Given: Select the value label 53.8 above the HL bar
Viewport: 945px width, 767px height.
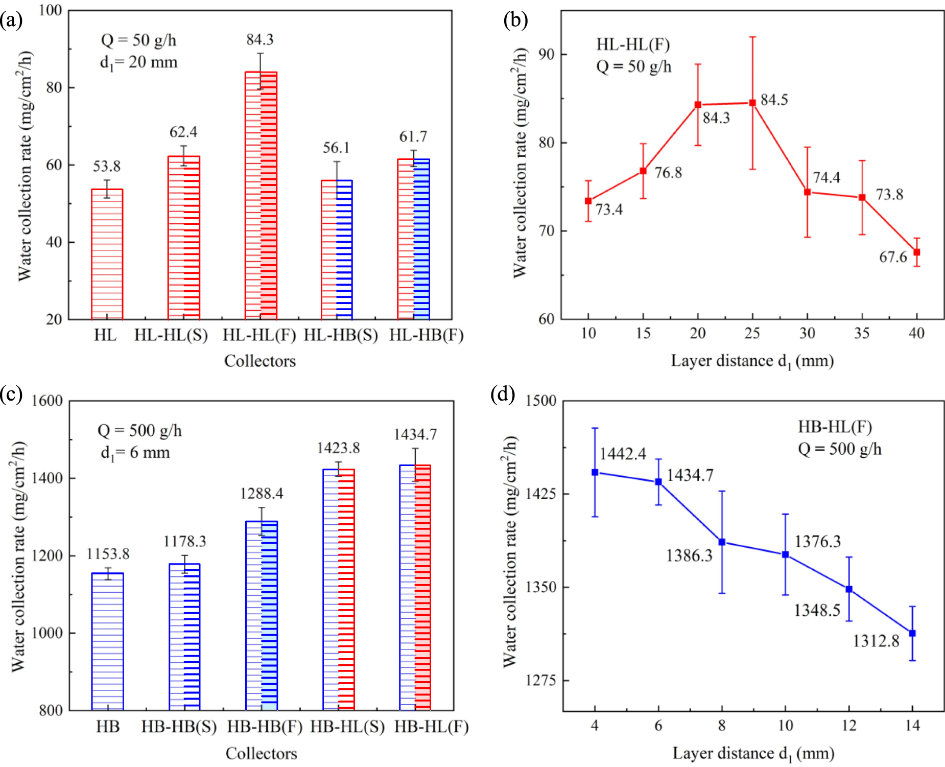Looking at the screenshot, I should point(107,166).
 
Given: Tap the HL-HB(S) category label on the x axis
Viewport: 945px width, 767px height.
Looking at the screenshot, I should point(341,335).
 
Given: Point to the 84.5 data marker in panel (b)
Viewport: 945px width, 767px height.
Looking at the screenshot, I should point(752,103).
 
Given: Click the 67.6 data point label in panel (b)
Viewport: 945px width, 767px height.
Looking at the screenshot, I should point(892,257).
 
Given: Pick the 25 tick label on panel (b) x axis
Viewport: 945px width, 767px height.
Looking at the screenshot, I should point(752,333).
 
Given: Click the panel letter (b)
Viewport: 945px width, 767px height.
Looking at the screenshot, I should point(515,20).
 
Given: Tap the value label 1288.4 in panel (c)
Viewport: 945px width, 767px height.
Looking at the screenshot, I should point(262,494).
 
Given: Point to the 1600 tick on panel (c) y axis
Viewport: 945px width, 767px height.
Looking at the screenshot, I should point(47,401).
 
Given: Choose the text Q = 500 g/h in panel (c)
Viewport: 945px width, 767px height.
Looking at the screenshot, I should point(139,431).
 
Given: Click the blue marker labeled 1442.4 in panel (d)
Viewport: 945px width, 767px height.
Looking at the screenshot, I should point(595,472).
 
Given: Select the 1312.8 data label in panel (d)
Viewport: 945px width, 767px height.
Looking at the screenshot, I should point(876,641).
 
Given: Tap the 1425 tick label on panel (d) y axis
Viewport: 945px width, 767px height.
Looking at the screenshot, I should point(541,494).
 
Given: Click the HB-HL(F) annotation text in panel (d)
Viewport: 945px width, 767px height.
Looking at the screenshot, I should point(835,427).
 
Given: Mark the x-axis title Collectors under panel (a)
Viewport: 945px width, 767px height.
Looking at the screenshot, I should point(260,361).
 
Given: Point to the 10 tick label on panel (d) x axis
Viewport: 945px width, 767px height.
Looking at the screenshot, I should point(785,726).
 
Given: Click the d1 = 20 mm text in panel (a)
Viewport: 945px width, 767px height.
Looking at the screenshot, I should point(138,62).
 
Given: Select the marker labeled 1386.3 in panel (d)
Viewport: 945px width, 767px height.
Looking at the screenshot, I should point(722,542).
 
